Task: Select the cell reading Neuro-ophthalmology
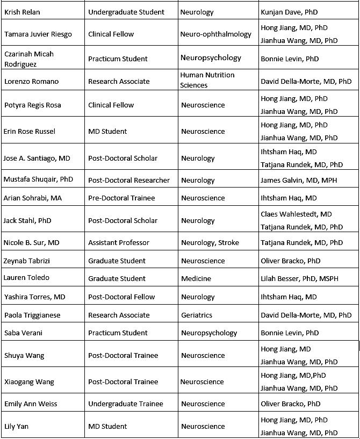[x=215, y=34]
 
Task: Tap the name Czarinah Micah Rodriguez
[x=29, y=59]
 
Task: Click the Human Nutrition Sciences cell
[x=207, y=80]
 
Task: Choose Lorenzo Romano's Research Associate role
[x=119, y=81]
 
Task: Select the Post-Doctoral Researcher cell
[x=128, y=180]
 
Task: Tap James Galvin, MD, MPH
[x=299, y=180]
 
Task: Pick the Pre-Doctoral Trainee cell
[x=121, y=198]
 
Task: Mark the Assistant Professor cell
[x=119, y=242]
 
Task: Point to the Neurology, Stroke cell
[x=210, y=242]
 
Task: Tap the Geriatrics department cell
[x=196, y=315]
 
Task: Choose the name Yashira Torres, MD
[x=34, y=297]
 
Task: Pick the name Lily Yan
[x=16, y=426]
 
